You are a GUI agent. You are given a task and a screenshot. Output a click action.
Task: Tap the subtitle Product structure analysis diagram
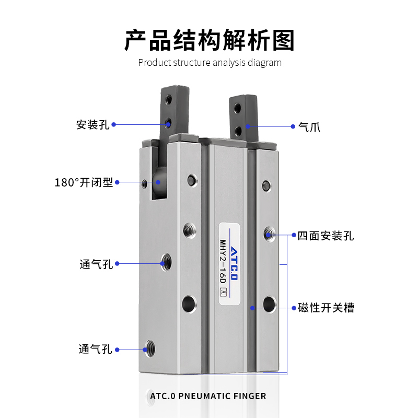click(210, 63)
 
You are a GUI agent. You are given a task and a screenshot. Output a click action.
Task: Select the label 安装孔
click(92, 125)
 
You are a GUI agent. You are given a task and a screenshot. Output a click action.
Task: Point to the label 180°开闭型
click(84, 182)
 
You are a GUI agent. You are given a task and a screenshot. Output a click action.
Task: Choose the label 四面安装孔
click(326, 236)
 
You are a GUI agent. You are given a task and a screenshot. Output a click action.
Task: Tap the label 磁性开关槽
click(326, 308)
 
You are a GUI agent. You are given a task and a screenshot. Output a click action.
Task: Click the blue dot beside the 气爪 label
click(292, 126)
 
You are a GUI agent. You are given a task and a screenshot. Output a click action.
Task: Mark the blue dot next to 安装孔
click(114, 125)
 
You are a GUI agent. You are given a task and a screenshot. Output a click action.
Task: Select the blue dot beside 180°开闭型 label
click(118, 182)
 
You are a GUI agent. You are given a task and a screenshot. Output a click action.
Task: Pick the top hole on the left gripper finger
click(168, 99)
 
